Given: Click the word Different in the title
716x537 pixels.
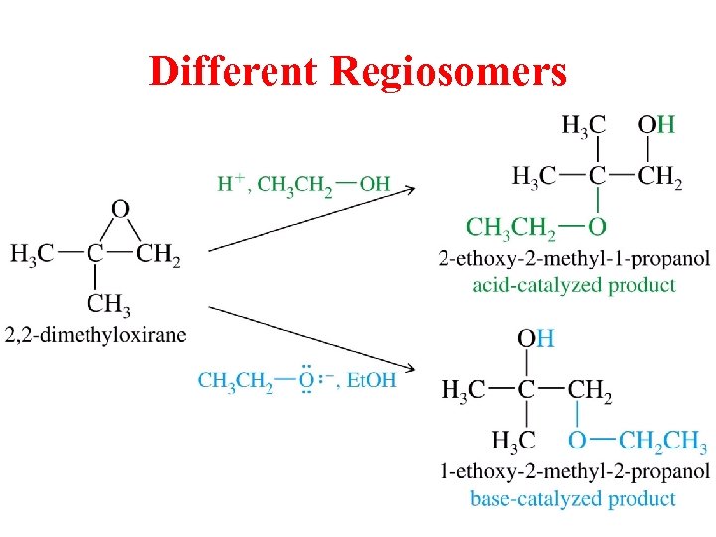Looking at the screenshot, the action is (x=234, y=71).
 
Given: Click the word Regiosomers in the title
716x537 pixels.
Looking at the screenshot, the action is (x=447, y=71).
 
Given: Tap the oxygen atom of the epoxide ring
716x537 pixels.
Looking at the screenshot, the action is (x=120, y=209).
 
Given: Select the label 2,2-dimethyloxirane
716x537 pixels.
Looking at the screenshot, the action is (x=94, y=333).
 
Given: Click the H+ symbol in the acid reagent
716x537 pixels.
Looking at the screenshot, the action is (x=231, y=183).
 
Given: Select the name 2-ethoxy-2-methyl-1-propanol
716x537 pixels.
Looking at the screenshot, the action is (x=574, y=259).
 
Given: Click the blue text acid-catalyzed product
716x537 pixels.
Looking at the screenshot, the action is (x=574, y=285).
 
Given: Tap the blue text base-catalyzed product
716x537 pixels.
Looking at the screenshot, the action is (x=574, y=497).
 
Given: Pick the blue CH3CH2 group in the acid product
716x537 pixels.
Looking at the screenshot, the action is (x=511, y=228).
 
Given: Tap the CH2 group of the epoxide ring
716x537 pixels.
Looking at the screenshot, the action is (x=158, y=255).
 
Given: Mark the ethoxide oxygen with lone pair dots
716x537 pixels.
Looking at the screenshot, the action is (x=307, y=380).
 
